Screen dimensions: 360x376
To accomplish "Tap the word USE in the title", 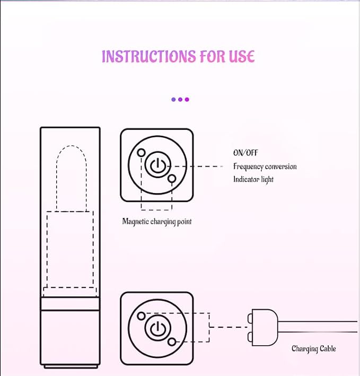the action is tap(241, 57).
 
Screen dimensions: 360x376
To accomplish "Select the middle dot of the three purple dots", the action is tap(180, 100).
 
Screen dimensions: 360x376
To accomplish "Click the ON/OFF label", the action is tap(245, 153).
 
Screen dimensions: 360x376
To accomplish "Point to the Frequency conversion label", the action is tap(265, 167).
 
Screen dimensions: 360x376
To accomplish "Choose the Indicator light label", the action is tap(253, 180).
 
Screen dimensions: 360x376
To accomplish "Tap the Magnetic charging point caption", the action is tap(157, 221).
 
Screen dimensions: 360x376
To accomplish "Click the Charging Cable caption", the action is tap(314, 348).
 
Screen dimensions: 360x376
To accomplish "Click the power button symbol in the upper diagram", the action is tap(157, 165).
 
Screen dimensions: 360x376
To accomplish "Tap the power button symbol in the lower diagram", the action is tap(157, 328).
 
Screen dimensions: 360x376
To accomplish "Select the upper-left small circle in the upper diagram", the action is tap(142, 153).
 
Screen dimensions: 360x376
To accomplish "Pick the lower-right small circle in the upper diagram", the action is tap(172, 178).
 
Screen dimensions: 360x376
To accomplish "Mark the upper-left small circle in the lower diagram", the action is tap(142, 316).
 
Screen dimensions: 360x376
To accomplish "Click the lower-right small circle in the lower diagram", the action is tap(172, 342).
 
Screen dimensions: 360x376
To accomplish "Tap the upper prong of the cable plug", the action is tap(250, 318).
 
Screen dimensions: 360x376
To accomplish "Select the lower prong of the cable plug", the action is tap(250, 337).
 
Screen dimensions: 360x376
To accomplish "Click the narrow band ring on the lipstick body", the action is tap(70, 304).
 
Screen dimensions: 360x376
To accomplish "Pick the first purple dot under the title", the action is tap(173, 100).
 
